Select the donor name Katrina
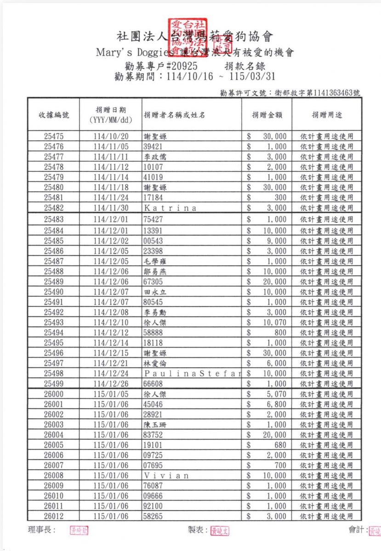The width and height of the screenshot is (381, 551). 170,208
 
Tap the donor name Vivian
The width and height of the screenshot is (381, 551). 166,476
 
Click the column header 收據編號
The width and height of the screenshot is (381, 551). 54,115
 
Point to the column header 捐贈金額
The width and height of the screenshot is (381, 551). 267,115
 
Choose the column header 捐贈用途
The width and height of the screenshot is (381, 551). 326,115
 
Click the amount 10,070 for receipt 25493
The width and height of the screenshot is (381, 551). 275,322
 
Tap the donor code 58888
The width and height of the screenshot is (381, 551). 153,332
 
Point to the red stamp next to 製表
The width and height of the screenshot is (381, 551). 220,531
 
